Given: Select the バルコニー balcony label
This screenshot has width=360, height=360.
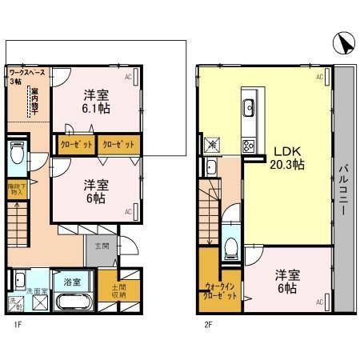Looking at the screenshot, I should pos(342,193).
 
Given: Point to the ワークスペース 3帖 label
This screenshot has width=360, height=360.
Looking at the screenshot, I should pos(26,77).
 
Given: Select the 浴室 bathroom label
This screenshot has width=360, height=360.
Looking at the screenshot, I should pos(72,282).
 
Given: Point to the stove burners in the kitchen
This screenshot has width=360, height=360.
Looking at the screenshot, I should pos(248,145).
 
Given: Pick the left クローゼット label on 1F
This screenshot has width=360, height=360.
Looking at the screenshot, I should pos(76,145).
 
